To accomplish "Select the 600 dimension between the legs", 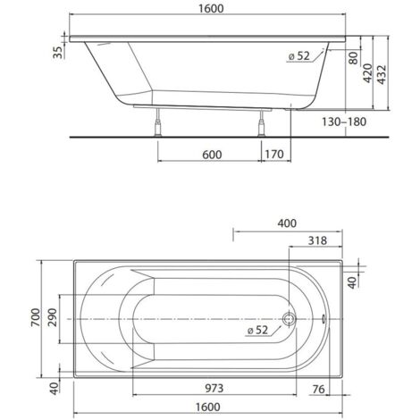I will pos(211,155).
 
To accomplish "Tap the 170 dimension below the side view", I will pos(273,155).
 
